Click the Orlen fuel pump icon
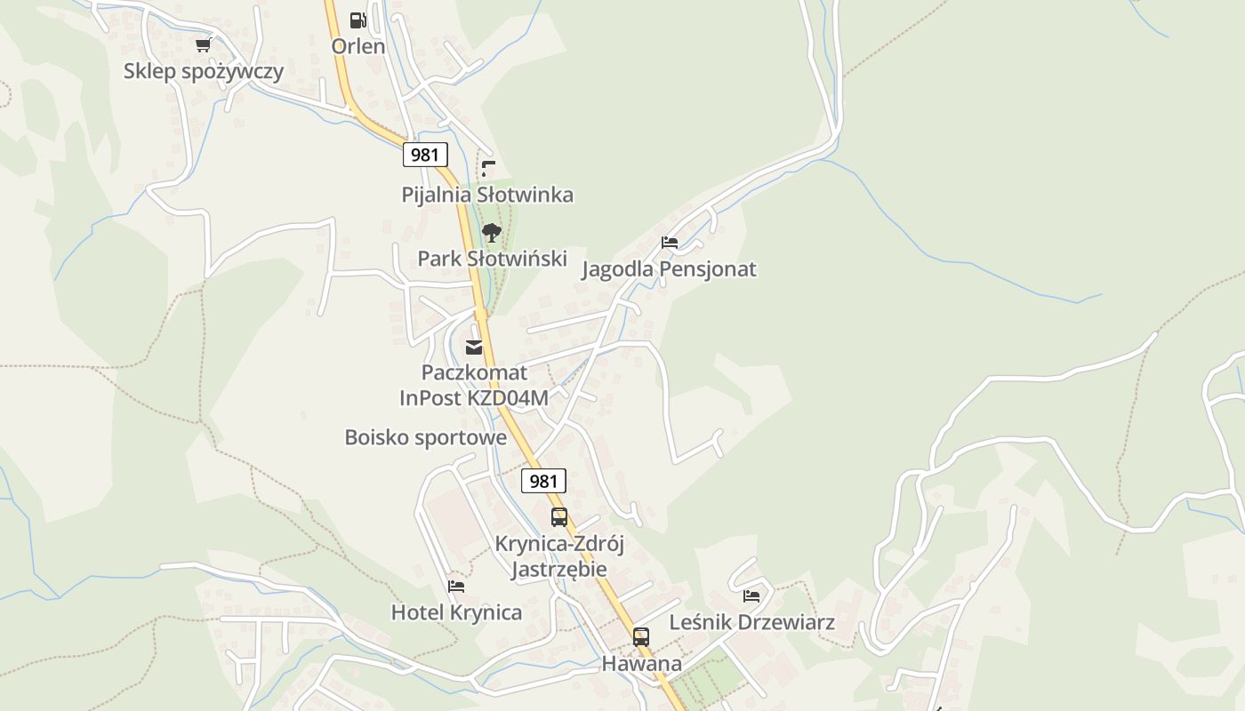coord(357,20)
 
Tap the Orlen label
coord(358,46)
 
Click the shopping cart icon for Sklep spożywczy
coord(203,44)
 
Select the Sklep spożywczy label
coord(204,71)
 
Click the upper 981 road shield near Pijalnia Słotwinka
coord(425,155)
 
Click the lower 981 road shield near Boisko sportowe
coord(543,482)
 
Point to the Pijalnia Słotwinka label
coord(487,195)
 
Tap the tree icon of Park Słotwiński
coord(492,234)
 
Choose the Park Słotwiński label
coord(493,259)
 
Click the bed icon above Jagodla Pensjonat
coord(670,243)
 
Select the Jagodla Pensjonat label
coord(669,269)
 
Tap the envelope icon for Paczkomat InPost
coord(474,348)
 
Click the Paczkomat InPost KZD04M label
coord(474,385)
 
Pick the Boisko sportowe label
coord(425,437)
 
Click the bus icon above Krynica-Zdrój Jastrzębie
coord(559,517)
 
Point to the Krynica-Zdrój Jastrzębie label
coord(559,556)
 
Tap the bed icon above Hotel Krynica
coord(456,587)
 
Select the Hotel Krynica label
coord(456,612)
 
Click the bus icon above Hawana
coord(641,637)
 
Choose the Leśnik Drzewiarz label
coord(751,622)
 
